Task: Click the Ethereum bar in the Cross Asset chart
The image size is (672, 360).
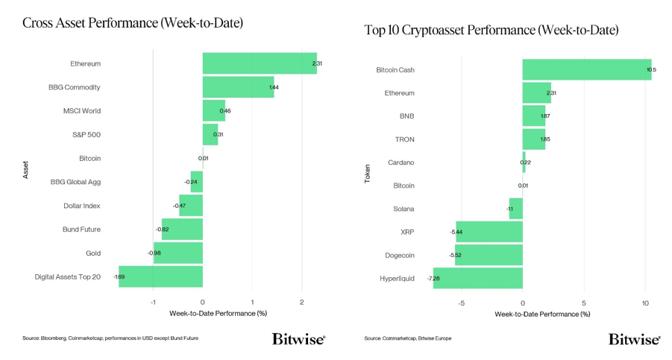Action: [x=260, y=63]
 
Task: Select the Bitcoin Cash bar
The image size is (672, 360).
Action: [x=586, y=69]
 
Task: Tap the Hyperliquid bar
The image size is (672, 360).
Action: [x=477, y=278]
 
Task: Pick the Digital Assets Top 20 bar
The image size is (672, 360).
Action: [x=160, y=277]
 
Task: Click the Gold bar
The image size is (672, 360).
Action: [x=178, y=253]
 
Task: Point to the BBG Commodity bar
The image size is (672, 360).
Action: [x=238, y=87]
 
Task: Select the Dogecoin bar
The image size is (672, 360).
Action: [x=489, y=255]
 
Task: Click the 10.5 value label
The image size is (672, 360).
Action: [x=651, y=69]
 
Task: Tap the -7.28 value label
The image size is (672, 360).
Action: [x=433, y=278]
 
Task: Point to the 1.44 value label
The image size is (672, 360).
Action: [x=274, y=87]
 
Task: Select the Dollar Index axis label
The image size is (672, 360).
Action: [x=82, y=206]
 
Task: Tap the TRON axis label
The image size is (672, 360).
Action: [x=403, y=139]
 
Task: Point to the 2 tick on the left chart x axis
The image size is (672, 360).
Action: [x=301, y=303]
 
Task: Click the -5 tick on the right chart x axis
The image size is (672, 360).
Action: [x=461, y=303]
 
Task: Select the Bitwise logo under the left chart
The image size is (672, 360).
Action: [x=298, y=339]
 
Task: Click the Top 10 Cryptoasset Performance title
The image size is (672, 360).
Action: [x=491, y=31]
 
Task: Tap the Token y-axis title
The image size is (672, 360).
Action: [x=367, y=174]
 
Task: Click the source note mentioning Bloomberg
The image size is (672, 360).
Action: [x=110, y=338]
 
